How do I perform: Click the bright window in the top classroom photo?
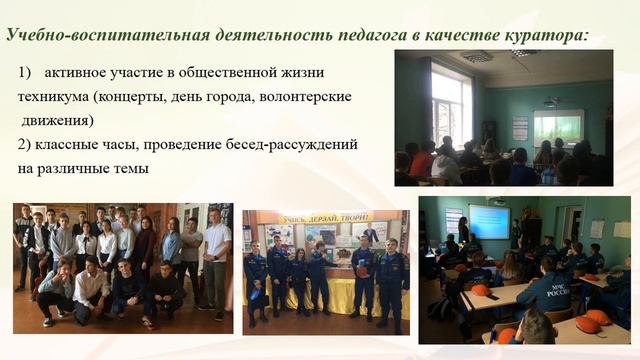(x=449, y=105)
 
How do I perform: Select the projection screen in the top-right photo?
(x=558, y=126)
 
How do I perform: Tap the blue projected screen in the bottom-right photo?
(x=489, y=221)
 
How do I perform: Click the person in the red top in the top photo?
(x=426, y=159)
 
